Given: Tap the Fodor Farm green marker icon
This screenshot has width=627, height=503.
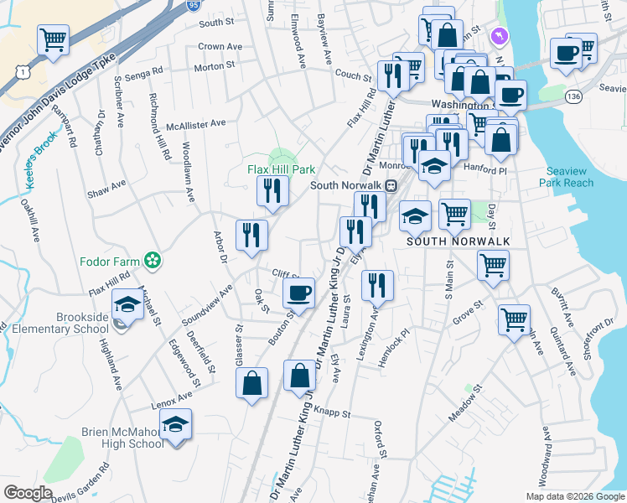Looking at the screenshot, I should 153,261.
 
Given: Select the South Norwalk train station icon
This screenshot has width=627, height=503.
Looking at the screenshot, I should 391,185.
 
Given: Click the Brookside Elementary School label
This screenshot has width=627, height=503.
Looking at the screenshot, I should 81,323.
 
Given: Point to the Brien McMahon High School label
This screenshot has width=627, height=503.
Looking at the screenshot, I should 122,438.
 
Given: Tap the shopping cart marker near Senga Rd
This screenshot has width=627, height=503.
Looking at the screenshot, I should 53,39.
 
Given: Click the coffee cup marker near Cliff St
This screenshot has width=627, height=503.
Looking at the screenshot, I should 298,293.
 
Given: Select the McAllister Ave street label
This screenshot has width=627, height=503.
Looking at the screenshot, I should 195,123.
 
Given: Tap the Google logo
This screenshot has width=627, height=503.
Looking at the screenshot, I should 28,493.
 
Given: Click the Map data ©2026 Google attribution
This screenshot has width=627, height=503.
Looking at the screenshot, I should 574,495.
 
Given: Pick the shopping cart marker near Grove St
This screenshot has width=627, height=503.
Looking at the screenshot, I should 514,319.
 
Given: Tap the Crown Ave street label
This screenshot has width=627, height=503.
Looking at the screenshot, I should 220,47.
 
